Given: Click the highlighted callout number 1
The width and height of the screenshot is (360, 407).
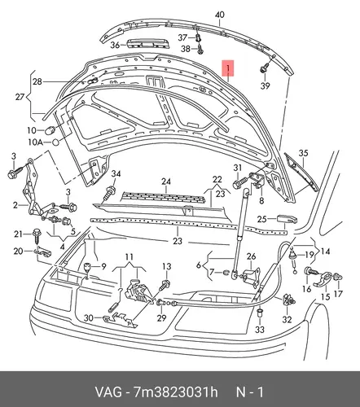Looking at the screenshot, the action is coord(228,68).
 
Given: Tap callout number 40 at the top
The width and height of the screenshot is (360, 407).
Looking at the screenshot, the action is coord(219,15).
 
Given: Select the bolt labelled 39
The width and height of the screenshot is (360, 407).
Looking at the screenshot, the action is coord(264,68).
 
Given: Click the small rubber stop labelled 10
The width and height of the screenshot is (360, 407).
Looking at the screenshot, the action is coord(50,130).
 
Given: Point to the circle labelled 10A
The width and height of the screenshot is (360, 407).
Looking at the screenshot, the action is coord(55,142).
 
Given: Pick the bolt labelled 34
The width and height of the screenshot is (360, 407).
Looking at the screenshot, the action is coord(109,192).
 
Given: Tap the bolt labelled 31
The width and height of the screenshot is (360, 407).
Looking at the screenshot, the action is coord(240,183).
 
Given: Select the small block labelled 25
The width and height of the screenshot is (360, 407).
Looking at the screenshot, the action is coord(287,219).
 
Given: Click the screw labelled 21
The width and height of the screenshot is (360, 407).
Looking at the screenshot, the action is coord(37,236).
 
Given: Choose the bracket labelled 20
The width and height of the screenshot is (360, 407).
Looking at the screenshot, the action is coord(43,251).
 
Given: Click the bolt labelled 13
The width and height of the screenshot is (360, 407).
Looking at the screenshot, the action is coord(165,285).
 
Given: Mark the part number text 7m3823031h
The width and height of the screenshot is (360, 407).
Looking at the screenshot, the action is coord(175,392).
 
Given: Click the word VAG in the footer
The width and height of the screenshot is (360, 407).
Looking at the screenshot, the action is coord(108,392).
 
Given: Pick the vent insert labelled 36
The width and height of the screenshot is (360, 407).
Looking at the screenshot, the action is coord(148,43).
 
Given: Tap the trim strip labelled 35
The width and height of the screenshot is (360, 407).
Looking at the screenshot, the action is coord(301,173).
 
